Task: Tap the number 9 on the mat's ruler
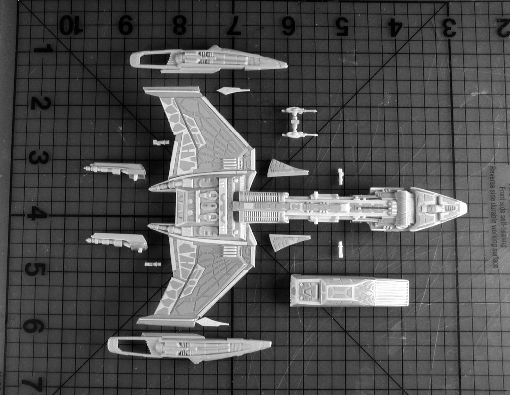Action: [x=126, y=25]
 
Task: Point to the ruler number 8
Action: [x=179, y=26]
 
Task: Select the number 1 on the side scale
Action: [x=45, y=49]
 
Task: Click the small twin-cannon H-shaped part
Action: [x=299, y=123]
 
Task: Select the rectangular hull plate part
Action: [x=349, y=291]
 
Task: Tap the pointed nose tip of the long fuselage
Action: [x=464, y=209]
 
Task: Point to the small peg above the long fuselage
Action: [x=340, y=177]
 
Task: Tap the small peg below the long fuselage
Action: [x=340, y=249]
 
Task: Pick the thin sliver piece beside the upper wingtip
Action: [x=232, y=90]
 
